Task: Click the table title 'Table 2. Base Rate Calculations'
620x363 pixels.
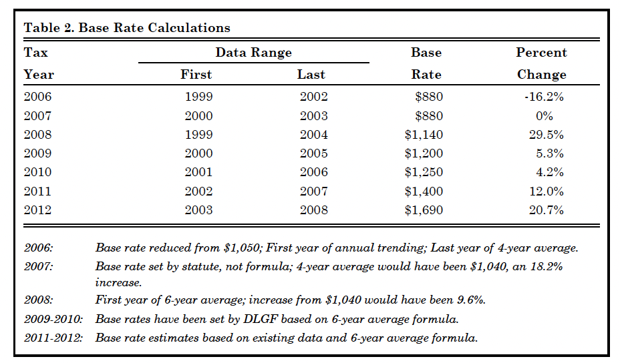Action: (x=127, y=28)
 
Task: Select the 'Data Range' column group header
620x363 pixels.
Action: (x=253, y=53)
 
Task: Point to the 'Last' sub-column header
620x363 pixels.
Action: (x=311, y=75)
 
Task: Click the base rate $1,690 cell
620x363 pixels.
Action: (x=424, y=210)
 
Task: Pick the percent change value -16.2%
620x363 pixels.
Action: (x=544, y=97)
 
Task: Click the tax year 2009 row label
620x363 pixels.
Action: (x=37, y=153)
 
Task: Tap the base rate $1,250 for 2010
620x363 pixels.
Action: (x=424, y=172)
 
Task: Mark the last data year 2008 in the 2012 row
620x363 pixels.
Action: (x=313, y=210)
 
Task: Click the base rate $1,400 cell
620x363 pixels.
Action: (x=424, y=192)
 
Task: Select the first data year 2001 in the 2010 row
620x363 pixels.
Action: (x=198, y=172)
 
